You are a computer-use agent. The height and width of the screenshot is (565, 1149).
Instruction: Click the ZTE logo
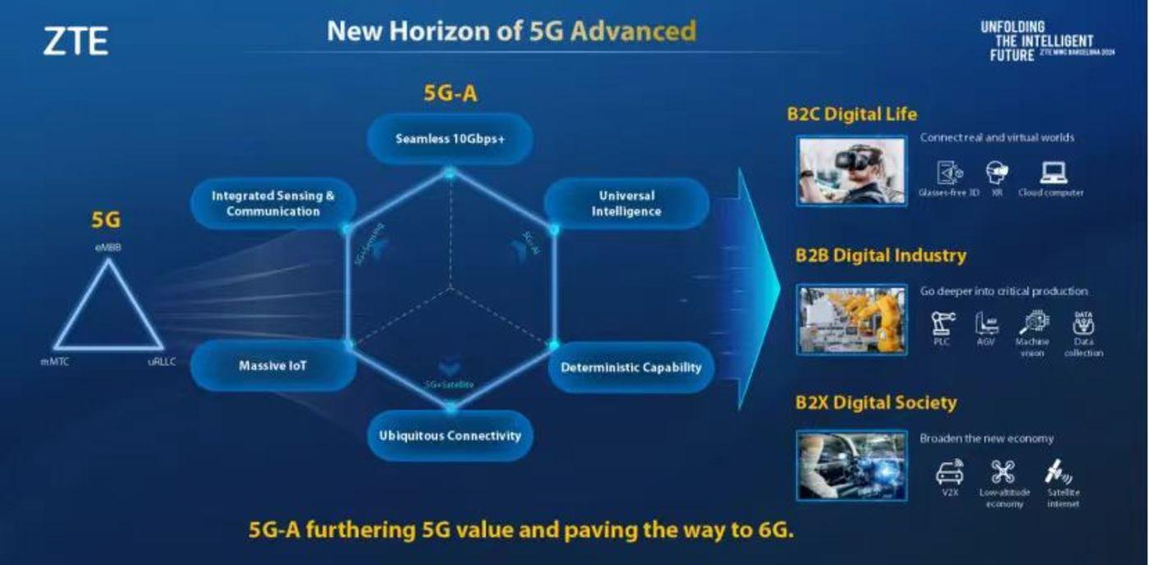pyautogui.click(x=76, y=41)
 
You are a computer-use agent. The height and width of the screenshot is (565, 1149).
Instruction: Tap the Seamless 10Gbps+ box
pyautogui.click(x=450, y=139)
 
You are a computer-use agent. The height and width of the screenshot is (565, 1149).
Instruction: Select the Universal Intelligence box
pyautogui.click(x=626, y=204)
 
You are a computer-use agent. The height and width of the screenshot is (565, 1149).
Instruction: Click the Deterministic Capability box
pyautogui.click(x=631, y=367)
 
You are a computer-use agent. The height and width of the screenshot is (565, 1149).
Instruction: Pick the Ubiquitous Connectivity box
pyautogui.click(x=450, y=435)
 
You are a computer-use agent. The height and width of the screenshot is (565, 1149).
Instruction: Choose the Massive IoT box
pyautogui.click(x=272, y=365)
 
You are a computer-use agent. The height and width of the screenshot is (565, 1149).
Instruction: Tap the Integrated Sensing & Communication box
pyautogui.click(x=273, y=204)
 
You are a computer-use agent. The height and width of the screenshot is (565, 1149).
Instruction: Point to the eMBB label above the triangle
pyautogui.click(x=108, y=246)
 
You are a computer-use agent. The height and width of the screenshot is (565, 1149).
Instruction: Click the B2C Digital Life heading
pyautogui.click(x=852, y=114)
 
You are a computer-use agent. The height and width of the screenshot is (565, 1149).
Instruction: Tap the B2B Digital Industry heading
pyautogui.click(x=880, y=255)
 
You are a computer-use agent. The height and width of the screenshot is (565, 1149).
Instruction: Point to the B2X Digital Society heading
pyautogui.click(x=876, y=402)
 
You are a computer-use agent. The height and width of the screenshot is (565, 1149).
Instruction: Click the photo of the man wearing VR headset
pyautogui.click(x=851, y=171)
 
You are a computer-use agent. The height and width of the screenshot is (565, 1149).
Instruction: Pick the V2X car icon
pyautogui.click(x=950, y=472)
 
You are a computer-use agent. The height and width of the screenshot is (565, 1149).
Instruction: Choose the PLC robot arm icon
pyautogui.click(x=943, y=323)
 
